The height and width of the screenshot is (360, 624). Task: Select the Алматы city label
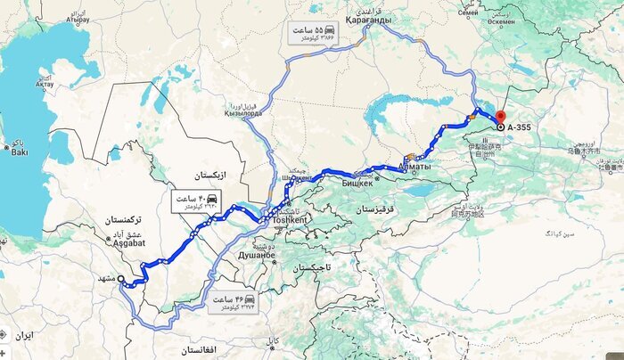point(415,167)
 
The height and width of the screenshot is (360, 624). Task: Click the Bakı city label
point(20,152)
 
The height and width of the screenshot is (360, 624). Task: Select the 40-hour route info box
point(196,200)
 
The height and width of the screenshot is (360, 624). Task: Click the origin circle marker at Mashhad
point(121,279)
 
